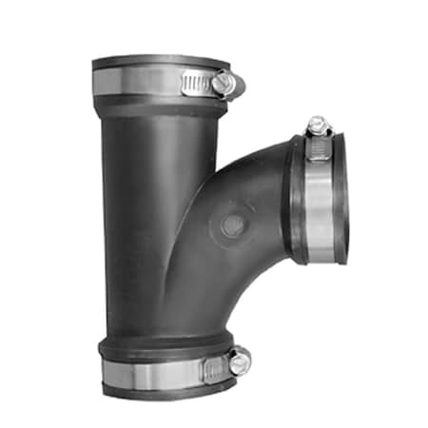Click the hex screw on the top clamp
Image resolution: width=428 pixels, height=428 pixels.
(x=224, y=84)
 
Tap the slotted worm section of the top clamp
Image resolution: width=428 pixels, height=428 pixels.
(x=196, y=83)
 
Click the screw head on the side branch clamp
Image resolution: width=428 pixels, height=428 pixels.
(x=318, y=124)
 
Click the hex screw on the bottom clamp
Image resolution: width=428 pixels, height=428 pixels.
(x=239, y=360)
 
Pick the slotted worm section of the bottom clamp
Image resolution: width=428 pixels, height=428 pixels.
(x=211, y=365)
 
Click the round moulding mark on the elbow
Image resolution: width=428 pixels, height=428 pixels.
(x=231, y=225)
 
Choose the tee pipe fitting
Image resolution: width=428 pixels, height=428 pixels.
(x=190, y=228)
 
